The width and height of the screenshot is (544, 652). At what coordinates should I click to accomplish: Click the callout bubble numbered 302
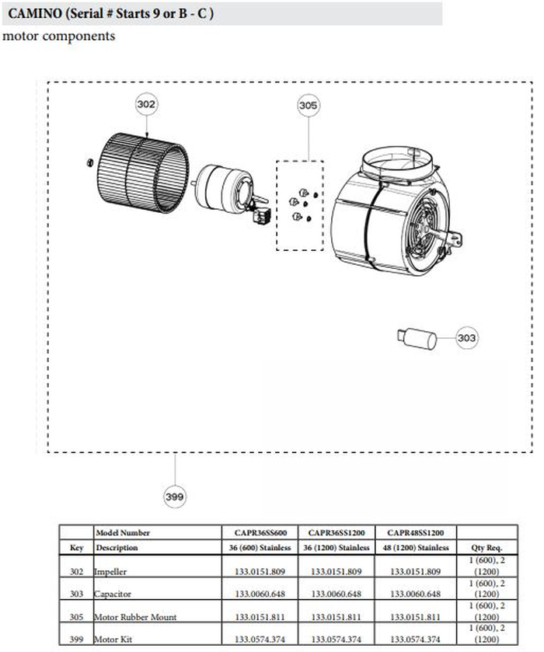pos(146,104)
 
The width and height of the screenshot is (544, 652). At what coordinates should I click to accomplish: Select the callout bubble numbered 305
pos(309,105)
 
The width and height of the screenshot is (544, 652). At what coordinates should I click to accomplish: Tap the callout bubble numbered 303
pos(466,338)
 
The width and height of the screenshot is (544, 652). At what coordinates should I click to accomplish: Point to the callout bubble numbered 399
pos(176,495)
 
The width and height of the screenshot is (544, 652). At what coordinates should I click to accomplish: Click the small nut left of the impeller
pos(89,162)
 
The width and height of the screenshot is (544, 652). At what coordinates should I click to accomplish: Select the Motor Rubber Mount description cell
pos(135,617)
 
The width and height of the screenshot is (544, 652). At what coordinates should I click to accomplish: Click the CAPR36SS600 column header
pos(262,533)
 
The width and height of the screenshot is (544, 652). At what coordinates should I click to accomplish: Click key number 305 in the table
pos(76,617)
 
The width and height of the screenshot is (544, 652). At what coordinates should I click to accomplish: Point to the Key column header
pos(76,547)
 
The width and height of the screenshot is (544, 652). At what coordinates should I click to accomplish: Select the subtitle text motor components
pos(59,37)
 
